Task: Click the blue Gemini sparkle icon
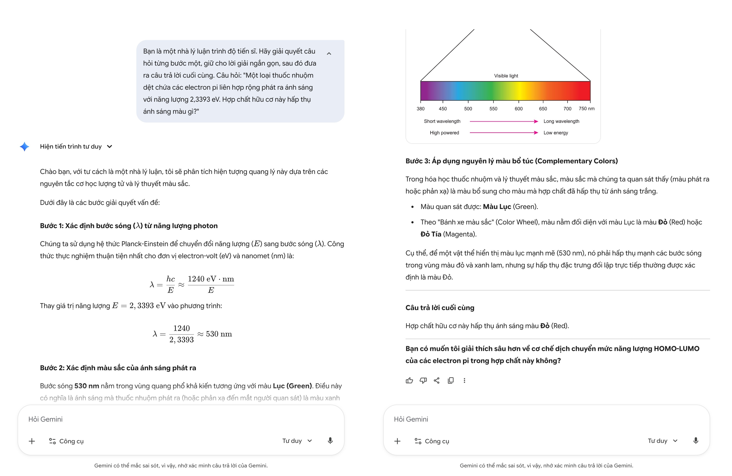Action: pos(24,147)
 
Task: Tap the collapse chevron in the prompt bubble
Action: pos(329,54)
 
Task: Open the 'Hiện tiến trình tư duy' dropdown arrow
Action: pos(109,147)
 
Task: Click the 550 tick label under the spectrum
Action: pos(493,109)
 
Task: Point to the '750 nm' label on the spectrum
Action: pos(586,109)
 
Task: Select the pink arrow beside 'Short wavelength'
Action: pos(503,121)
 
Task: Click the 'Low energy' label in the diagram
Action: pos(555,133)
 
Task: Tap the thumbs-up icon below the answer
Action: pos(409,381)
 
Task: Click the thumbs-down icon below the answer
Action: pos(423,381)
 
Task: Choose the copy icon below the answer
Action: pos(451,381)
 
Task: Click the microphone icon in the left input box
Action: pos(330,441)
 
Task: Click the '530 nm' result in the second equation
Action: pos(219,334)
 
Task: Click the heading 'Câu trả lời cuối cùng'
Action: pos(440,308)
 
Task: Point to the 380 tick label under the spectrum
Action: pos(420,109)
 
